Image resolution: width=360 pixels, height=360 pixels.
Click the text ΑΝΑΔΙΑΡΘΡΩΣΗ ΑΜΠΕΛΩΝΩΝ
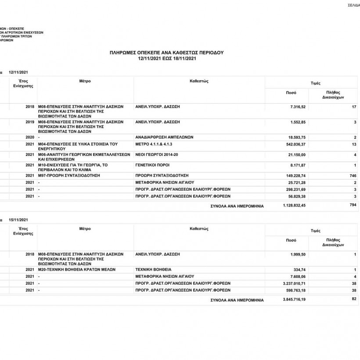click(x=164, y=137)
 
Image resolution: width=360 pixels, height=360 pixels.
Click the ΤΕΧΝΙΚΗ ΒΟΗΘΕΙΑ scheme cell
click(x=153, y=269)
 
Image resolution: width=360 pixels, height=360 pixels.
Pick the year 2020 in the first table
click(x=30, y=137)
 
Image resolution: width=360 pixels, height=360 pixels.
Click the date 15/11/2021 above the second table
click(x=18, y=219)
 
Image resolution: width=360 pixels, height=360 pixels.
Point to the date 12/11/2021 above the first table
click(x=18, y=72)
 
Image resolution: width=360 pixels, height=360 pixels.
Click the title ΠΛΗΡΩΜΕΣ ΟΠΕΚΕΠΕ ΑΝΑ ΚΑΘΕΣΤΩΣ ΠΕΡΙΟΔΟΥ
click(x=166, y=52)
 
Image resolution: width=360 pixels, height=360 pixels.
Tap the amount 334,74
click(x=299, y=269)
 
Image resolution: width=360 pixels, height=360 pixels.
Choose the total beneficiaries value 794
click(x=352, y=205)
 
